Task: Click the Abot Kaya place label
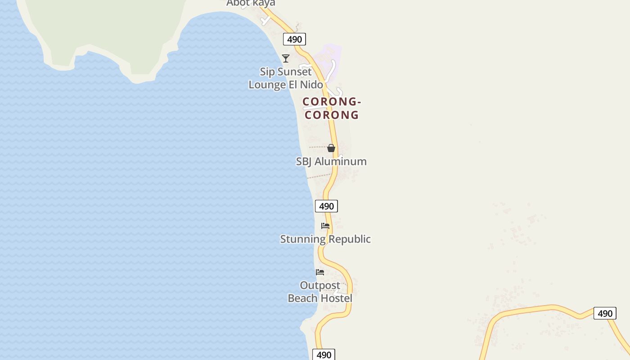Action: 251,3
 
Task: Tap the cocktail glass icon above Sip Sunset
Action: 286,58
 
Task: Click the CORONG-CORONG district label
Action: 332,108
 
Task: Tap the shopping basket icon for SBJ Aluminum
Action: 331,148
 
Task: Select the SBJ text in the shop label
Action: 304,162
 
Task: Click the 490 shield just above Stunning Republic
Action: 326,206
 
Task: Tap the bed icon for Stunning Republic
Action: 325,226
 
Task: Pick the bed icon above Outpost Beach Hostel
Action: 320,272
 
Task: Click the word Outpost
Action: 320,286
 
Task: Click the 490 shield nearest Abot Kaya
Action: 294,39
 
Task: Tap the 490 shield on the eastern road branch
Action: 605,313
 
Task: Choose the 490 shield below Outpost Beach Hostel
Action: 324,355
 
